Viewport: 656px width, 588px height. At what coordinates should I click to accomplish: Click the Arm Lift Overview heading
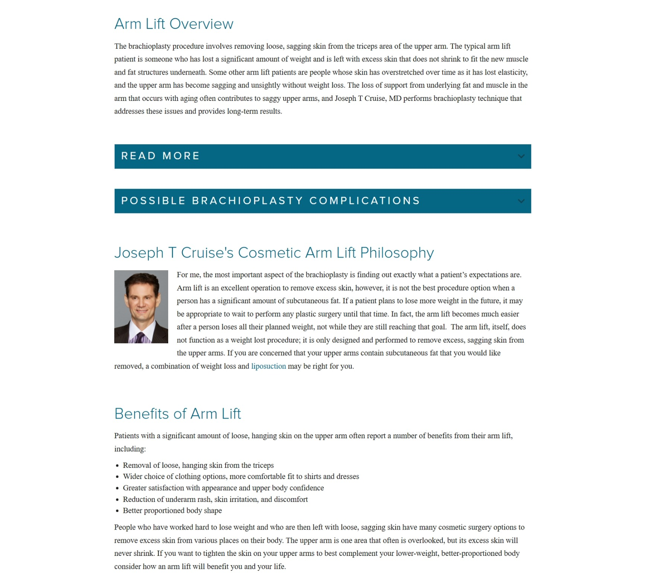pyautogui.click(x=173, y=24)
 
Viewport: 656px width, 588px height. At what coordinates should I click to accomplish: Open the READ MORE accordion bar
pyautogui.click(x=160, y=156)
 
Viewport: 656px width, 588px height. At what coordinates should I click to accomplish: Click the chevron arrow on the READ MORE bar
pyautogui.click(x=520, y=156)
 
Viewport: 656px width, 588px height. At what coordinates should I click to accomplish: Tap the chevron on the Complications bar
pyautogui.click(x=520, y=201)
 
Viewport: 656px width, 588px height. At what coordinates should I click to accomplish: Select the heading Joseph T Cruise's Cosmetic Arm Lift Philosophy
pyautogui.click(x=273, y=253)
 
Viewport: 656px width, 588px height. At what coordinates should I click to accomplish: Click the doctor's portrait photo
pyautogui.click(x=141, y=307)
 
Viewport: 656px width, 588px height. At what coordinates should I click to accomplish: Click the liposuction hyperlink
pyautogui.click(x=268, y=366)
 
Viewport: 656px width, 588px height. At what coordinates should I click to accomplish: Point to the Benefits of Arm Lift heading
pyautogui.click(x=177, y=414)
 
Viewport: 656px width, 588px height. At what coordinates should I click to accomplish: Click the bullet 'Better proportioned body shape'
pyautogui.click(x=172, y=510)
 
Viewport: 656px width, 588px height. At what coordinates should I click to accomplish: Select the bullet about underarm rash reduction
pyautogui.click(x=215, y=499)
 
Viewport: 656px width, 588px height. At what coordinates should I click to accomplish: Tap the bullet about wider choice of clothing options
pyautogui.click(x=241, y=476)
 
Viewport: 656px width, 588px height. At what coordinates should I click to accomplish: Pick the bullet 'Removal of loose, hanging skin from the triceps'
pyautogui.click(x=198, y=465)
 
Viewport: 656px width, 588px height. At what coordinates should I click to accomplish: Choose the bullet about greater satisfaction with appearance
pyautogui.click(x=223, y=488)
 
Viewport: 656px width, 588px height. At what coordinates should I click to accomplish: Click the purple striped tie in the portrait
pyautogui.click(x=140, y=338)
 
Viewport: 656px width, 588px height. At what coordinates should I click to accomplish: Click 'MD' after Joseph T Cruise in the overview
pyautogui.click(x=395, y=98)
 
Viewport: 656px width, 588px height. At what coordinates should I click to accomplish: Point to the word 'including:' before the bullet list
pyautogui.click(x=130, y=449)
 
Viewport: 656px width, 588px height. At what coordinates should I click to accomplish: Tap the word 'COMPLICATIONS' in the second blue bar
pyautogui.click(x=364, y=201)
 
